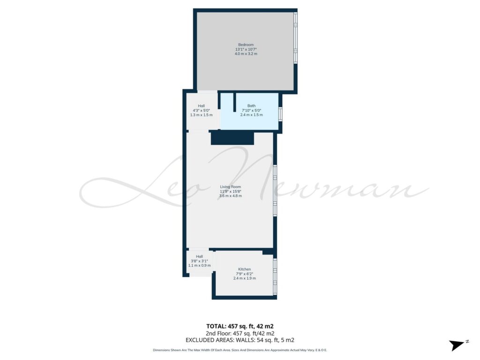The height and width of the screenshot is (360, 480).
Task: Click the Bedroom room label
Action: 246,45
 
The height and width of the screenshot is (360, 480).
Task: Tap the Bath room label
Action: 251,106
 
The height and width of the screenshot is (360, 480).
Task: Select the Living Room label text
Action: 231,187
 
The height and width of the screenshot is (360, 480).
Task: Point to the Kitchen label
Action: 244,270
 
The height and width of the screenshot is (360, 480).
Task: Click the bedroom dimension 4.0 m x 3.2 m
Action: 246,54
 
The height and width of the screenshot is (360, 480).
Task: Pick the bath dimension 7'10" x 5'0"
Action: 251,111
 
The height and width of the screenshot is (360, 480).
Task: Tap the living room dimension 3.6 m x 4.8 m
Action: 231,196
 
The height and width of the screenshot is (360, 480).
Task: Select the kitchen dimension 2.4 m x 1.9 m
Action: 244,278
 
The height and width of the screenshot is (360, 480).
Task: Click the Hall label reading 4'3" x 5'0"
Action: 201,111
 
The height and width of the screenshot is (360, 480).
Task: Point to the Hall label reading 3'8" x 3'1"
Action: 199,261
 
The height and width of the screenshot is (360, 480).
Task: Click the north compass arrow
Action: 457,345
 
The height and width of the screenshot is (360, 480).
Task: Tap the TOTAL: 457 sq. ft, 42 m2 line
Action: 240,326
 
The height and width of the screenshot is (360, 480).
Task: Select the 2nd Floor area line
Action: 240,333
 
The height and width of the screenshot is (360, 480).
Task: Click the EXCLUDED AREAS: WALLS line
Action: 240,340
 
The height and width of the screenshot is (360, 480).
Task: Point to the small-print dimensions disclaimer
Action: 240,350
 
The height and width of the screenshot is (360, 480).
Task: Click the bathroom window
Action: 280,114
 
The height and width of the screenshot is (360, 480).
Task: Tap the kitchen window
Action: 275,277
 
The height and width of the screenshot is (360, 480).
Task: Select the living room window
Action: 275,191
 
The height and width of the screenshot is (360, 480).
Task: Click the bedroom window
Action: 295,38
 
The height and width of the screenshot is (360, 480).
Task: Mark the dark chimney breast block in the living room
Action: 232,138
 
